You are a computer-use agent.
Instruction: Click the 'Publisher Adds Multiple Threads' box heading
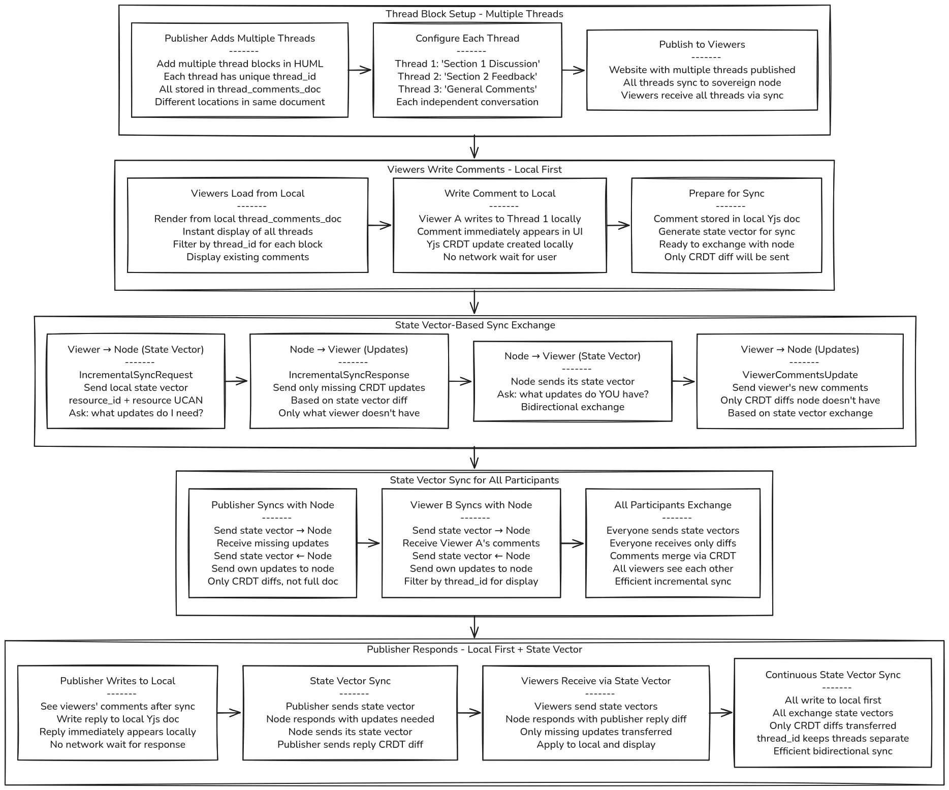(x=240, y=39)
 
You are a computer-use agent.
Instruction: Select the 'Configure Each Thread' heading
(x=467, y=39)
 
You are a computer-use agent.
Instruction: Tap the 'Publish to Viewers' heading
(x=702, y=45)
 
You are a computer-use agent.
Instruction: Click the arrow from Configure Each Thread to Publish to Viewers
(x=574, y=71)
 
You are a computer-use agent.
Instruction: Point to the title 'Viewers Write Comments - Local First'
(x=474, y=170)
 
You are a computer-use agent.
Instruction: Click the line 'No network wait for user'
(x=500, y=257)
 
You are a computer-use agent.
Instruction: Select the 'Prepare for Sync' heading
(x=726, y=194)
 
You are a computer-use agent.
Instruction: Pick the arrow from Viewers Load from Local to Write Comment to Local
(x=380, y=225)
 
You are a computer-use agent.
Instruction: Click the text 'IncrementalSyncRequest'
(x=136, y=375)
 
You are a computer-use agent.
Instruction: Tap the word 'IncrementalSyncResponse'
(x=349, y=375)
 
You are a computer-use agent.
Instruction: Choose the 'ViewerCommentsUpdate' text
(x=800, y=375)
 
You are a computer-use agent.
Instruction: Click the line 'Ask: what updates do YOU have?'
(x=573, y=394)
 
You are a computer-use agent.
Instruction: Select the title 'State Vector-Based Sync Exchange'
(x=475, y=325)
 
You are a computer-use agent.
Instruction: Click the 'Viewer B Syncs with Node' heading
(x=471, y=505)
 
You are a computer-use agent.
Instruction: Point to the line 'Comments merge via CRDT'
(x=673, y=556)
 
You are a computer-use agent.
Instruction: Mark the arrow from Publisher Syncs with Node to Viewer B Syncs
(x=369, y=543)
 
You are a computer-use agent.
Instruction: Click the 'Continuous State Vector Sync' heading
(x=833, y=675)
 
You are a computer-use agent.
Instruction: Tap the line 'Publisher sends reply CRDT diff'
(x=350, y=745)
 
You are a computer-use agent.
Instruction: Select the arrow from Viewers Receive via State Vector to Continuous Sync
(x=721, y=713)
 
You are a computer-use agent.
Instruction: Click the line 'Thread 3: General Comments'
(x=467, y=89)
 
